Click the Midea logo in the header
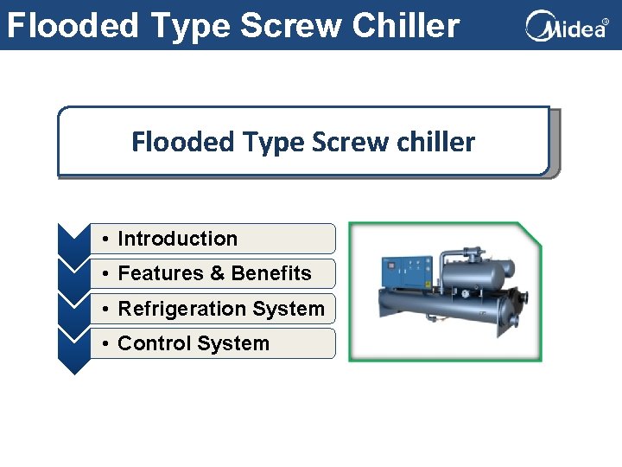click(567, 27)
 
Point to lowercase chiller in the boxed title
click(438, 141)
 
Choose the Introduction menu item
click(177, 239)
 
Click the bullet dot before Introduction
click(104, 240)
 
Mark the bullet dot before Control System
click(104, 344)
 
